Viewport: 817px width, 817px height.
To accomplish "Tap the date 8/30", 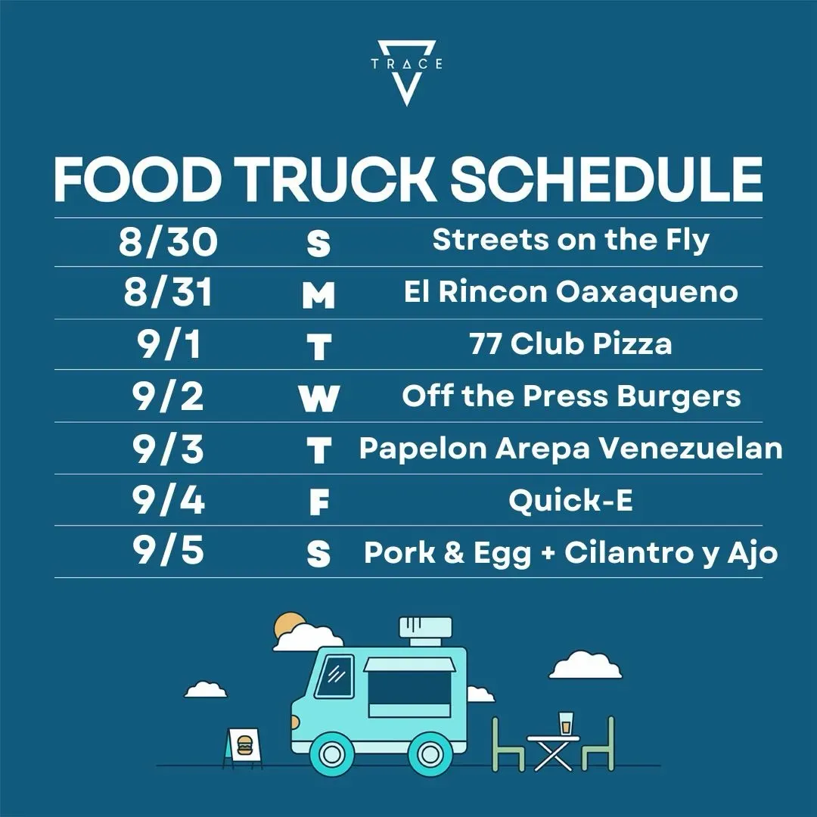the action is (168, 242).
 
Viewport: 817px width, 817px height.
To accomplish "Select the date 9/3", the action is (168, 449).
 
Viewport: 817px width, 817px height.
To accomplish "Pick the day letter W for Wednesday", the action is (319, 399).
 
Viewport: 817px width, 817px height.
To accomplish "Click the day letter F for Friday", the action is (319, 502).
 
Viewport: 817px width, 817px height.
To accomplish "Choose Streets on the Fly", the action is (570, 241).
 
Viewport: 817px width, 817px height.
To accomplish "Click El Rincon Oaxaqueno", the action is (570, 291).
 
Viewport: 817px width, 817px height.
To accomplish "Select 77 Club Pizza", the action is (570, 344).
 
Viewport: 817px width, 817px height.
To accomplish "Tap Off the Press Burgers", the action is (571, 396).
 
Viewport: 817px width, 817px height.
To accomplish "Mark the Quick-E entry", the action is (570, 501).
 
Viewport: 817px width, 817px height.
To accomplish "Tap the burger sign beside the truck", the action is (243, 746).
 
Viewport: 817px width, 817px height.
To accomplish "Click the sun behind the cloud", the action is (288, 623).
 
